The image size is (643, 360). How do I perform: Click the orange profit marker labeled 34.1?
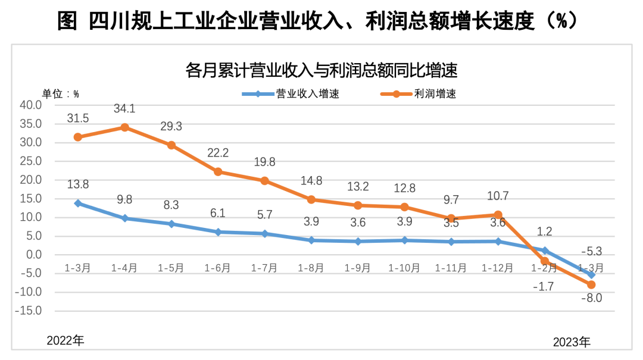tap(124, 127)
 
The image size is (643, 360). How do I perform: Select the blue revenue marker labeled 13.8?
tap(77, 204)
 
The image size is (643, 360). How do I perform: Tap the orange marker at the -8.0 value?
tap(591, 285)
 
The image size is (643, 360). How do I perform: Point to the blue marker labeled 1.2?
tap(545, 251)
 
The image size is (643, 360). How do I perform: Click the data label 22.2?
tap(218, 153)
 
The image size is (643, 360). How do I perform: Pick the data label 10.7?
tap(498, 196)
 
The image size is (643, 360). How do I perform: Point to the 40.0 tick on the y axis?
tap(31, 105)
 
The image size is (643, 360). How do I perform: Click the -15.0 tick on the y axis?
tap(29, 311)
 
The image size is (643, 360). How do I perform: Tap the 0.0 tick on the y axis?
tap(33, 255)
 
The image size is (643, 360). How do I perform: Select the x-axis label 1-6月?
tap(218, 268)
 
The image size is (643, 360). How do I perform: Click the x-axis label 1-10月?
tap(404, 268)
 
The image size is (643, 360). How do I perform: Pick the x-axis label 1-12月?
tap(497, 268)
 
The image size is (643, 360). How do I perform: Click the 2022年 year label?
tap(65, 340)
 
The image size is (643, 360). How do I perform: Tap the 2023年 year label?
tap(572, 342)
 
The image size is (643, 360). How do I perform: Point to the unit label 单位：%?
tap(60, 93)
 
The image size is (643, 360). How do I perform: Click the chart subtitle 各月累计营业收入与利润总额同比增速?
tap(321, 71)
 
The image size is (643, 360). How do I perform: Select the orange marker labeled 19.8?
tap(264, 181)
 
